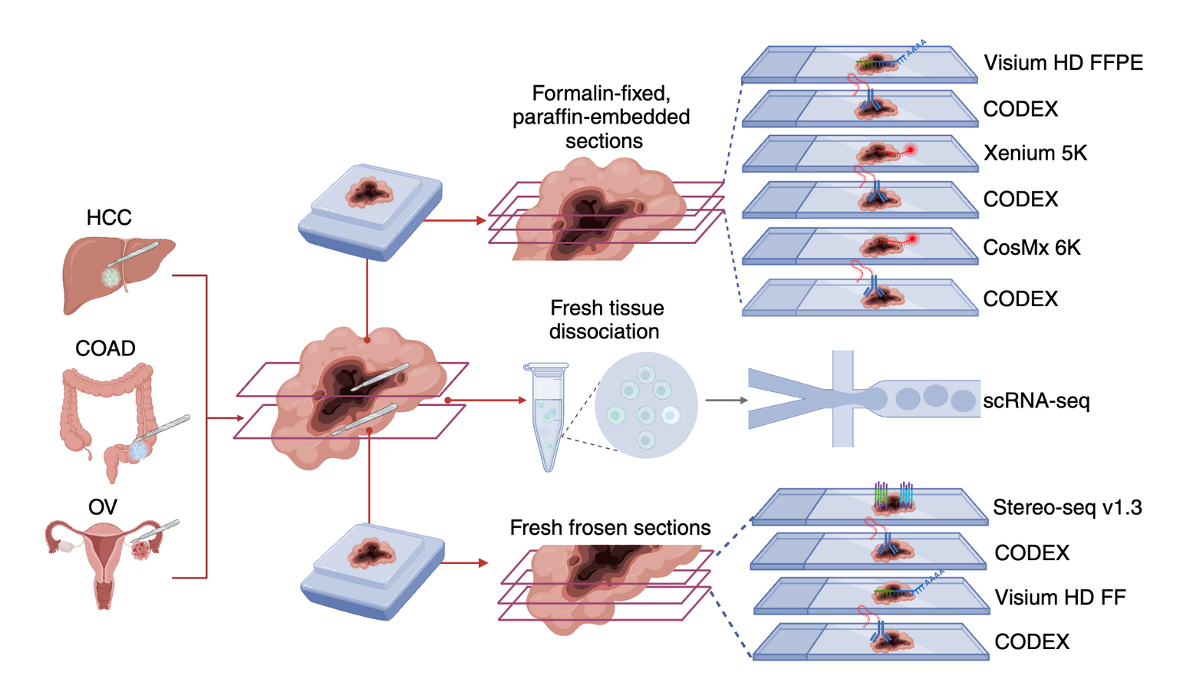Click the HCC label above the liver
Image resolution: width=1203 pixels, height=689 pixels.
(x=109, y=218)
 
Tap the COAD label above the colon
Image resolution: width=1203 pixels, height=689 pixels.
(x=105, y=348)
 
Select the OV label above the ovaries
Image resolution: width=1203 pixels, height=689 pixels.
(x=103, y=507)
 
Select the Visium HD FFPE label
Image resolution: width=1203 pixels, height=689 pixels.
(x=1063, y=63)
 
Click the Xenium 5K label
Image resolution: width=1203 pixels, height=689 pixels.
(x=1035, y=153)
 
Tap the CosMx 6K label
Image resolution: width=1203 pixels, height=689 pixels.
(x=1032, y=248)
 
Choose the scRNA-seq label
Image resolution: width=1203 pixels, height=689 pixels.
(x=1036, y=401)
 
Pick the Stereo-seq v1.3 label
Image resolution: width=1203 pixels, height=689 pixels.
(x=1067, y=507)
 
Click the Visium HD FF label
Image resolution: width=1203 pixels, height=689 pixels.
(x=1060, y=597)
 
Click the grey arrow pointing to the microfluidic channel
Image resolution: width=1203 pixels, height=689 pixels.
(x=726, y=400)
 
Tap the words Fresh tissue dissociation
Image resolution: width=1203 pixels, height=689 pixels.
(x=606, y=320)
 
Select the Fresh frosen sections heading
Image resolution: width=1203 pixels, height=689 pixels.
(x=610, y=528)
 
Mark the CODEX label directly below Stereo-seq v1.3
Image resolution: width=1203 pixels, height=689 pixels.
(x=1032, y=552)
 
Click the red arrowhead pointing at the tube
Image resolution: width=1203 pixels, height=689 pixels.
(x=522, y=400)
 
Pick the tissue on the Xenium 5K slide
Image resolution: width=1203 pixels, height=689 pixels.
(x=878, y=154)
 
